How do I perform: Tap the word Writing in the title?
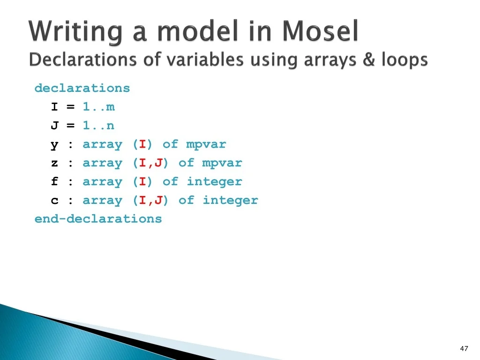point(75,32)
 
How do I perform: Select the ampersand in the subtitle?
point(369,60)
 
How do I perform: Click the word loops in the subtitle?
point(405,60)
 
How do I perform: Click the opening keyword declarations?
point(82,88)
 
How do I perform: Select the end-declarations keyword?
point(98,219)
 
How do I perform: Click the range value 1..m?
point(98,107)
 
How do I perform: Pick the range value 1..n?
point(98,126)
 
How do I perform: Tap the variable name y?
point(54,145)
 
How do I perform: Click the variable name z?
point(54,163)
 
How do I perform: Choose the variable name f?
point(54,181)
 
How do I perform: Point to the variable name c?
point(54,201)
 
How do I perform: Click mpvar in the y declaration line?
point(206,144)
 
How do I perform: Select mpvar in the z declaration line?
point(222,163)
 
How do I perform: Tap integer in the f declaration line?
point(214,182)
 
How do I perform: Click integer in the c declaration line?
point(230,201)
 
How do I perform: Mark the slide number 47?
point(464,348)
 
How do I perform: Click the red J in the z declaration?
point(158,163)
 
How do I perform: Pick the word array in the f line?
point(102,182)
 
